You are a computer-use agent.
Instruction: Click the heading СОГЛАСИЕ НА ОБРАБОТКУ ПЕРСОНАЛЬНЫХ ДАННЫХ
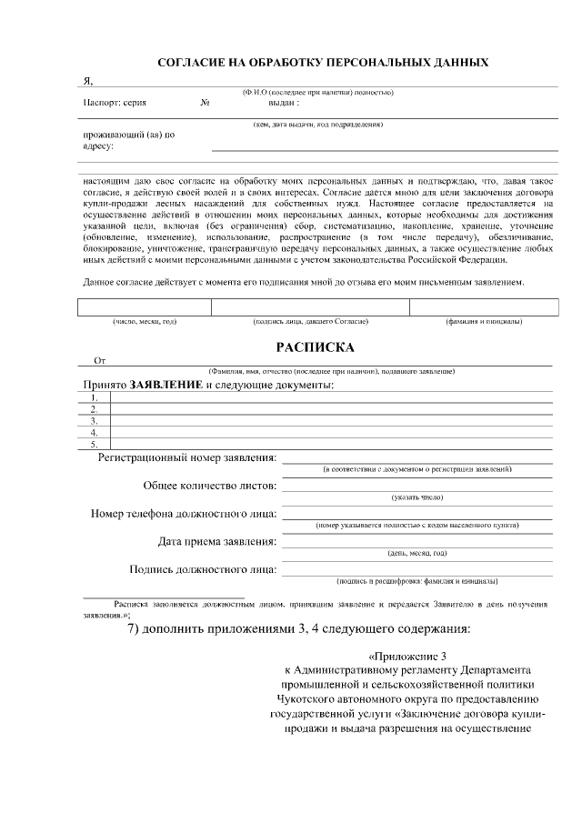(324, 63)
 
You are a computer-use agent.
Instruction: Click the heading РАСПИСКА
(316, 346)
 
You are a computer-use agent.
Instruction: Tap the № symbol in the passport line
(206, 103)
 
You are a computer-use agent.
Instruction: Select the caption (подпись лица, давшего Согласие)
(310, 322)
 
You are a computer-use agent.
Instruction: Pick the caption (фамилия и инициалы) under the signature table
(483, 322)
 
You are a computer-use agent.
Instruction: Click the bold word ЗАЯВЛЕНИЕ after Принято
(166, 386)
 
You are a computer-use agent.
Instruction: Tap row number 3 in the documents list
(94, 421)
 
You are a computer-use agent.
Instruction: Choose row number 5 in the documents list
(94, 444)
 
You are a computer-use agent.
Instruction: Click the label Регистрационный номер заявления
(187, 457)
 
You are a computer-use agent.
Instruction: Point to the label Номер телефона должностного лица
(184, 514)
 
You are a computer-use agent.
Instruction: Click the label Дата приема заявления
(217, 542)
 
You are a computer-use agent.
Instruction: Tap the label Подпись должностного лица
(204, 570)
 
